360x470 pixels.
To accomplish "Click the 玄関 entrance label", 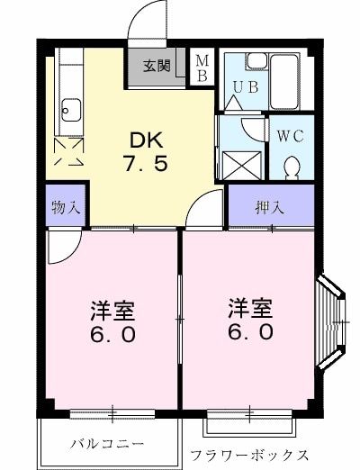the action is (x=157, y=66).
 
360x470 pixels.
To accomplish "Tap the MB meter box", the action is (x=202, y=68).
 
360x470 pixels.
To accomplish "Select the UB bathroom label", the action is (x=246, y=87).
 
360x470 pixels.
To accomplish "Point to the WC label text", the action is (x=291, y=136).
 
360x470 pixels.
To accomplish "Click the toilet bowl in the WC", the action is (x=292, y=167).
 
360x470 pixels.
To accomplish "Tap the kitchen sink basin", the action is (x=71, y=110).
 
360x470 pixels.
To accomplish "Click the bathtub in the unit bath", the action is (x=283, y=82).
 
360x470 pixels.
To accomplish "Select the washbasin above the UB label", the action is (x=256, y=61).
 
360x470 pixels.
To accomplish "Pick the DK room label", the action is (x=147, y=140).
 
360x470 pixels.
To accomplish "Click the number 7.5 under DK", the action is (x=146, y=164).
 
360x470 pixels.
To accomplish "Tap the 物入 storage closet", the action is (x=66, y=205).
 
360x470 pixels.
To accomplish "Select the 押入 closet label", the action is (x=269, y=207).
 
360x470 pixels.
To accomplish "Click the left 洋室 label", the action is (x=113, y=310).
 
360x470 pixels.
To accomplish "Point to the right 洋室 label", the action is (x=250, y=308).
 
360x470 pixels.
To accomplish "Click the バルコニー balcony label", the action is (x=107, y=444).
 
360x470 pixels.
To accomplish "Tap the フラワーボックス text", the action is (x=249, y=456).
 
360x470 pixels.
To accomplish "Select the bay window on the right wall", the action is (x=331, y=321).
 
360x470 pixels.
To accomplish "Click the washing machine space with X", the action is (x=242, y=166).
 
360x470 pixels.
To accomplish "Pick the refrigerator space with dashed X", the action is (x=68, y=151).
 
